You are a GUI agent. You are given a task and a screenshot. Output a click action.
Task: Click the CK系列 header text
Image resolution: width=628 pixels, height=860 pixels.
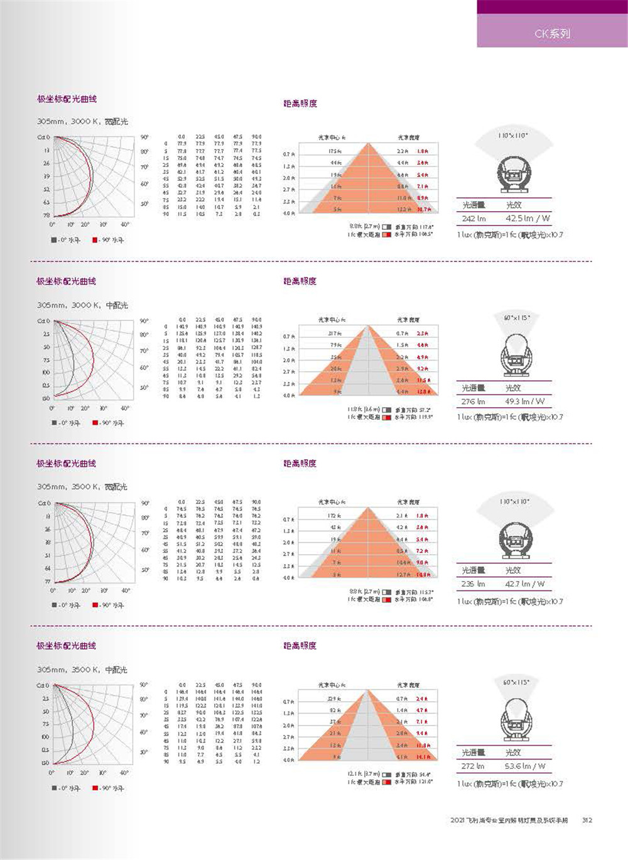(x=552, y=33)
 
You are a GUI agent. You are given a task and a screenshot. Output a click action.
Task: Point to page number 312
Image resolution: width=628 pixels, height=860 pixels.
(x=587, y=820)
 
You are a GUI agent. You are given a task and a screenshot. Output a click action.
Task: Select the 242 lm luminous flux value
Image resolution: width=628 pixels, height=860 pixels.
(x=474, y=219)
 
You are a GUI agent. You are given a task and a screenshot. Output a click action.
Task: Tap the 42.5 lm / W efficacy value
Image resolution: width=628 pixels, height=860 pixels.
(x=528, y=219)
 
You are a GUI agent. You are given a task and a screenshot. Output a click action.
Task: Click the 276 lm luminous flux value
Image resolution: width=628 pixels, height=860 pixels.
(x=473, y=401)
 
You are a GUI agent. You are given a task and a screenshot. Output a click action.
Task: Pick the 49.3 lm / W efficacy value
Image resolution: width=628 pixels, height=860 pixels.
(x=525, y=401)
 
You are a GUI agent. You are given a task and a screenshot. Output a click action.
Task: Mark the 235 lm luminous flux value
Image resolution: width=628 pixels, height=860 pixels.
(x=473, y=584)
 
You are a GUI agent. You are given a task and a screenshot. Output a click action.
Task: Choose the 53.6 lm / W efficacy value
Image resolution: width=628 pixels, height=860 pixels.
(x=525, y=766)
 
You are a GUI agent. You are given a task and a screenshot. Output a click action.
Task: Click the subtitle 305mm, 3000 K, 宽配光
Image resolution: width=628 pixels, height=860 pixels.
(x=82, y=121)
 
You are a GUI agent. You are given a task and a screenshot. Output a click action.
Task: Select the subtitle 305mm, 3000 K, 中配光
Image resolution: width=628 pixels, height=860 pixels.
(x=82, y=305)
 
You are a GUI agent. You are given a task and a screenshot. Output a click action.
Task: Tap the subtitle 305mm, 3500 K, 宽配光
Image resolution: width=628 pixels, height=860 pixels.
(x=82, y=487)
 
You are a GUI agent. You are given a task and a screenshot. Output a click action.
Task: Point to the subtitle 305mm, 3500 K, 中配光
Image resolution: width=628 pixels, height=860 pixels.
(x=82, y=670)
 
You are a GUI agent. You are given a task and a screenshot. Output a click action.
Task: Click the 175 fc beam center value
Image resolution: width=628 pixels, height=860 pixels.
(x=335, y=151)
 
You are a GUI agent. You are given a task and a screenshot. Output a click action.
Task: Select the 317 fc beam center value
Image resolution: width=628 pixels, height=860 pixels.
(x=335, y=334)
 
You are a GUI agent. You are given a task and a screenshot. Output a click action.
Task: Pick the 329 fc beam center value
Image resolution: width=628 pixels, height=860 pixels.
(x=335, y=699)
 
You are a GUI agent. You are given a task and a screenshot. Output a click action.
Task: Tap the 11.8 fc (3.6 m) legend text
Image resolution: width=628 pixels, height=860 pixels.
(x=363, y=410)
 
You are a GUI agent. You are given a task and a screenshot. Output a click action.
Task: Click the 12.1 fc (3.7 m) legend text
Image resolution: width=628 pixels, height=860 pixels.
(x=363, y=775)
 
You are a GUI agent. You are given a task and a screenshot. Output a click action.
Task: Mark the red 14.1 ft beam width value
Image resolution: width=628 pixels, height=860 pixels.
(x=423, y=757)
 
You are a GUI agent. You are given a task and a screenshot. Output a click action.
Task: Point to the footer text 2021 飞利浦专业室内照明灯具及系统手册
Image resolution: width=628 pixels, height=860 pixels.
(x=509, y=820)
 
